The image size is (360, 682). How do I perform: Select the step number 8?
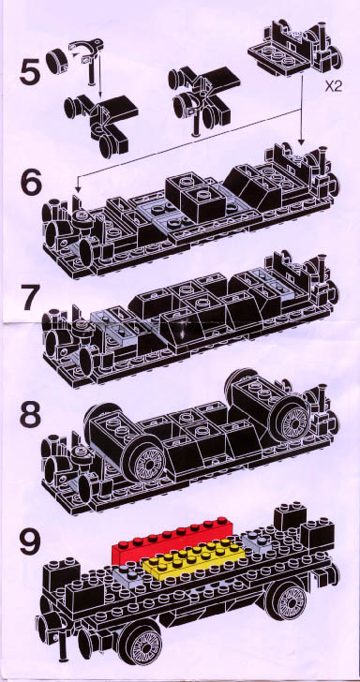pos(30,415)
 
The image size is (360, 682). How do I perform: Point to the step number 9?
pos(30,541)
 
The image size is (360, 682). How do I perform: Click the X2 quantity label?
pos(334,86)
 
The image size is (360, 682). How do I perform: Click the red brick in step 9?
pos(170,541)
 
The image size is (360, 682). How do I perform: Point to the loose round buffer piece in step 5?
pos(55,61)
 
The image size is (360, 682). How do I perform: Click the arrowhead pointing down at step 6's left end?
pos(79,189)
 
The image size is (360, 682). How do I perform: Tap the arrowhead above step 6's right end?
pos(301,141)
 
